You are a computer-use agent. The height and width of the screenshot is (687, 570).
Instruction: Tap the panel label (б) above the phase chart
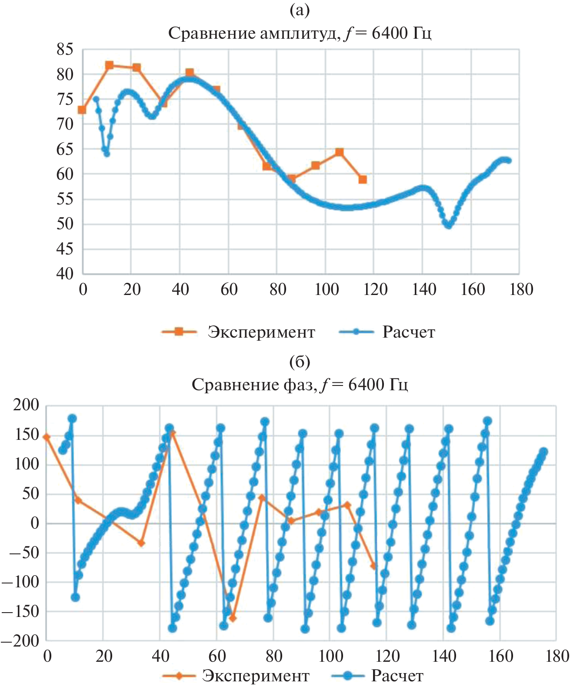(x=300, y=362)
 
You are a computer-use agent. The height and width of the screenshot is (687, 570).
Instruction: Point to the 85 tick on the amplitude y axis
(x=65, y=50)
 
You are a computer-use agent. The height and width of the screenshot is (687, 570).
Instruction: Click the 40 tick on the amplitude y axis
(x=65, y=274)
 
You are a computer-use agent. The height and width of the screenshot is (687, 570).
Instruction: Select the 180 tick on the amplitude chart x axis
(x=520, y=289)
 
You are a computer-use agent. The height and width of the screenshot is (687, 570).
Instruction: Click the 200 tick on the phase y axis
(x=26, y=405)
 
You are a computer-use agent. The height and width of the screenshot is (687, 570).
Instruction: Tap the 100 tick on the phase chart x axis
(x=330, y=656)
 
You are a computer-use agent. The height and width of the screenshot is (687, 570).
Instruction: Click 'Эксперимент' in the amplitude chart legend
(x=261, y=332)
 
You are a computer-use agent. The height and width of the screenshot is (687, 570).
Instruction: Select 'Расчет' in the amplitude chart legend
(x=409, y=332)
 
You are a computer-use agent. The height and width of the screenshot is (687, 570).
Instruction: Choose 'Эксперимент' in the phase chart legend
(x=256, y=676)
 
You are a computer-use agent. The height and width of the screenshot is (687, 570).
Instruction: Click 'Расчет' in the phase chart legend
(x=397, y=676)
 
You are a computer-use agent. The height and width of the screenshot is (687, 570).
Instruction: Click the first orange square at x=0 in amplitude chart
(x=82, y=110)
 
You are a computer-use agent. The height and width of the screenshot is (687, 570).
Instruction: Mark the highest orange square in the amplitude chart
(x=110, y=65)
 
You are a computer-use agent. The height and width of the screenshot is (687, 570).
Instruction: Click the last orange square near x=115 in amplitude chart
(x=363, y=179)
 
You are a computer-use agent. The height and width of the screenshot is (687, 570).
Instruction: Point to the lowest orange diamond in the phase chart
(x=233, y=618)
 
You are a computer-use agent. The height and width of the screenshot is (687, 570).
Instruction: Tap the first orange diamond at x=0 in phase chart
(x=47, y=437)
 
